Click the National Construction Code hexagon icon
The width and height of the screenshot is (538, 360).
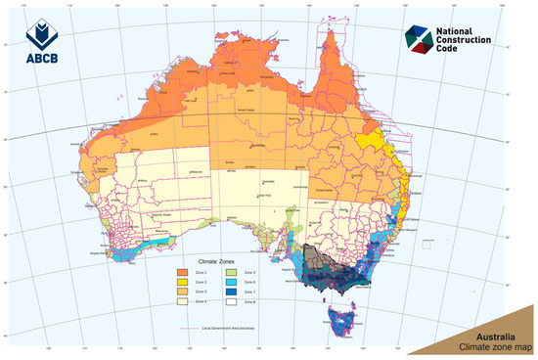tap(417, 38)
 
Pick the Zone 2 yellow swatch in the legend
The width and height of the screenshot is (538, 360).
tap(183, 280)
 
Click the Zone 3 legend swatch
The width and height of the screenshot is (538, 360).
tap(183, 292)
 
